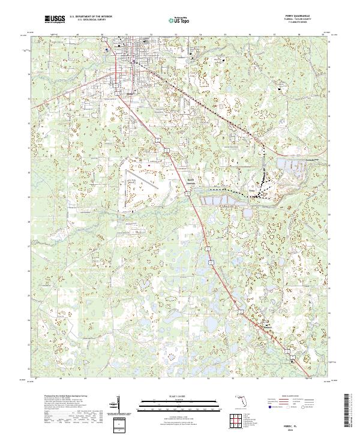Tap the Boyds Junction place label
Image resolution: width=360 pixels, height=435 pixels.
(190, 182)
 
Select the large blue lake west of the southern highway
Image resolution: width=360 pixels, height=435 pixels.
(211, 325)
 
